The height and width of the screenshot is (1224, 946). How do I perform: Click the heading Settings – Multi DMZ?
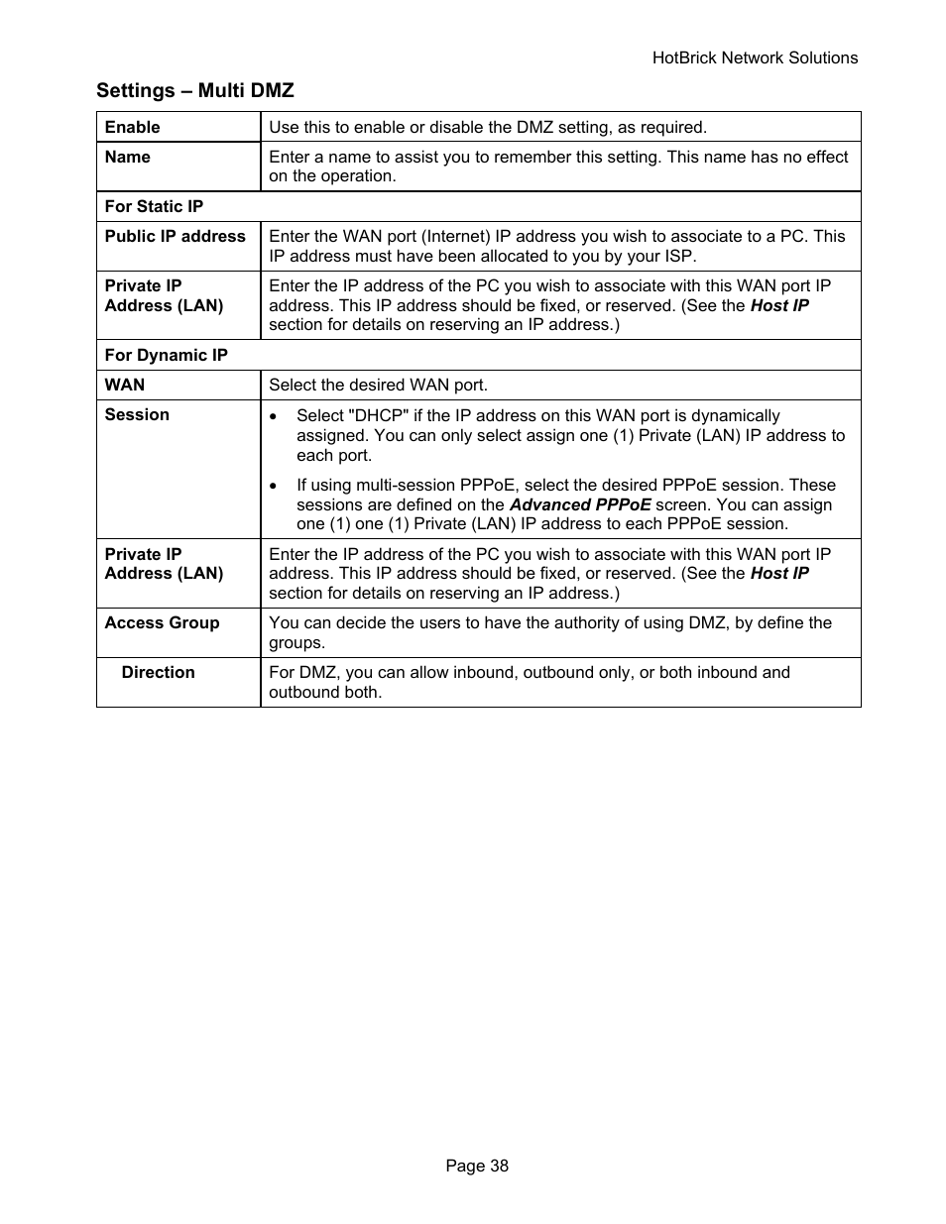(195, 91)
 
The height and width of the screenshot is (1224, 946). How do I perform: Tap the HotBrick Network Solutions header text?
(755, 58)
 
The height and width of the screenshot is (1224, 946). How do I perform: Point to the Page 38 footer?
(477, 1166)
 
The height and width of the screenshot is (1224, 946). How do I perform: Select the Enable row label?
(132, 127)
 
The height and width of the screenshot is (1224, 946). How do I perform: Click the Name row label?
(127, 157)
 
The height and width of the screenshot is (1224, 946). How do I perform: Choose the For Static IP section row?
(154, 206)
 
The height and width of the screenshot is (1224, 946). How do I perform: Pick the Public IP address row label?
(175, 236)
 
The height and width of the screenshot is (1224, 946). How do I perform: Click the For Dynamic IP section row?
(166, 355)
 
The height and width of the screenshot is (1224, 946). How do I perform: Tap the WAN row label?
(125, 385)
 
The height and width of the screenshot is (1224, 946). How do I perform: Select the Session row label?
(137, 414)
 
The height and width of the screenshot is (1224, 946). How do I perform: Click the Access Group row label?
(162, 622)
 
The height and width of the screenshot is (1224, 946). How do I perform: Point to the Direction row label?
(158, 672)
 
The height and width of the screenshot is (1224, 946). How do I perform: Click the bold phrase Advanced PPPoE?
(580, 504)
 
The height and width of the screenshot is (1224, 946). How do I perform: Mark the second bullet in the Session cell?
(274, 486)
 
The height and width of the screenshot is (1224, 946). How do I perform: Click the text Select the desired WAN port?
(378, 385)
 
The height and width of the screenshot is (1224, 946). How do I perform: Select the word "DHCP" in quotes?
(379, 416)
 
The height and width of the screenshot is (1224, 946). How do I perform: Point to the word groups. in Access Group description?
(296, 642)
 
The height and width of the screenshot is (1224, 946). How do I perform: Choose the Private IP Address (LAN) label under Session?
(164, 564)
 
